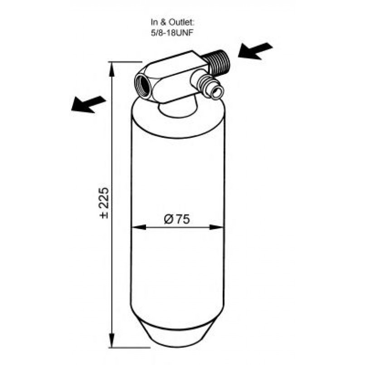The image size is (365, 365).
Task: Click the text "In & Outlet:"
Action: [x=172, y=23]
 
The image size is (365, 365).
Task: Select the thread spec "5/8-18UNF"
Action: [x=172, y=33]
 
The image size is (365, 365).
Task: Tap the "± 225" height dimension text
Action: [x=104, y=203]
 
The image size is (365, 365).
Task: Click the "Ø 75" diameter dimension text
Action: [x=177, y=219]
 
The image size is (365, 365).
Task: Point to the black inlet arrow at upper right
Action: [x=255, y=51]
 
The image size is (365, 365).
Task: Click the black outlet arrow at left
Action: [x=88, y=104]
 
